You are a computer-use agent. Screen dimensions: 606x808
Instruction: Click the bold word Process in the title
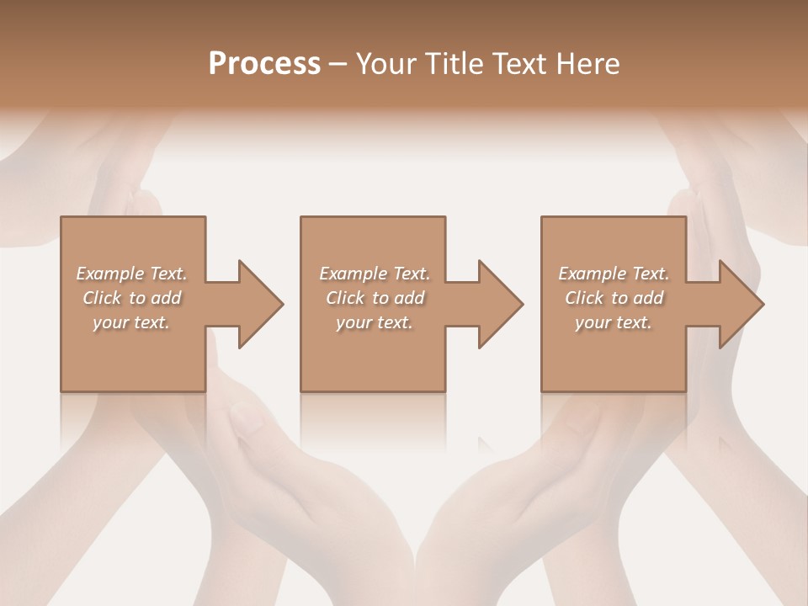click(264, 64)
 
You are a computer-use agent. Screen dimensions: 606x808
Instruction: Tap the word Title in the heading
click(452, 64)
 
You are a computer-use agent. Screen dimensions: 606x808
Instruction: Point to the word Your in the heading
click(385, 64)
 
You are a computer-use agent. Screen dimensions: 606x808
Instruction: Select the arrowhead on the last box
click(738, 304)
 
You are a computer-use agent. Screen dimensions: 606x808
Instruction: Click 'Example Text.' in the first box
click(132, 274)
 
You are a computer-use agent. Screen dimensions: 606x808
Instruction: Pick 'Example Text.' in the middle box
click(375, 274)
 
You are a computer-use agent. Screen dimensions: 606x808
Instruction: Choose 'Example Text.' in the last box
click(614, 274)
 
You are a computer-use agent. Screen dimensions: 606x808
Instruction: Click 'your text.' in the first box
click(132, 322)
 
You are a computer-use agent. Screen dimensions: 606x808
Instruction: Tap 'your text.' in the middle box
click(375, 322)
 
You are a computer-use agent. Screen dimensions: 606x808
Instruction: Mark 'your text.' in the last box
click(614, 322)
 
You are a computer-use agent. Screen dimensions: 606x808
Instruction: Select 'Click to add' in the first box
click(132, 298)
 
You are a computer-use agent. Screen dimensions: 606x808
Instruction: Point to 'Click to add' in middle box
click(375, 298)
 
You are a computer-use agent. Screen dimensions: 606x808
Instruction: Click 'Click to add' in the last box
click(614, 298)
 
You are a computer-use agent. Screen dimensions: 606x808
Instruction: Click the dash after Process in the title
click(338, 65)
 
